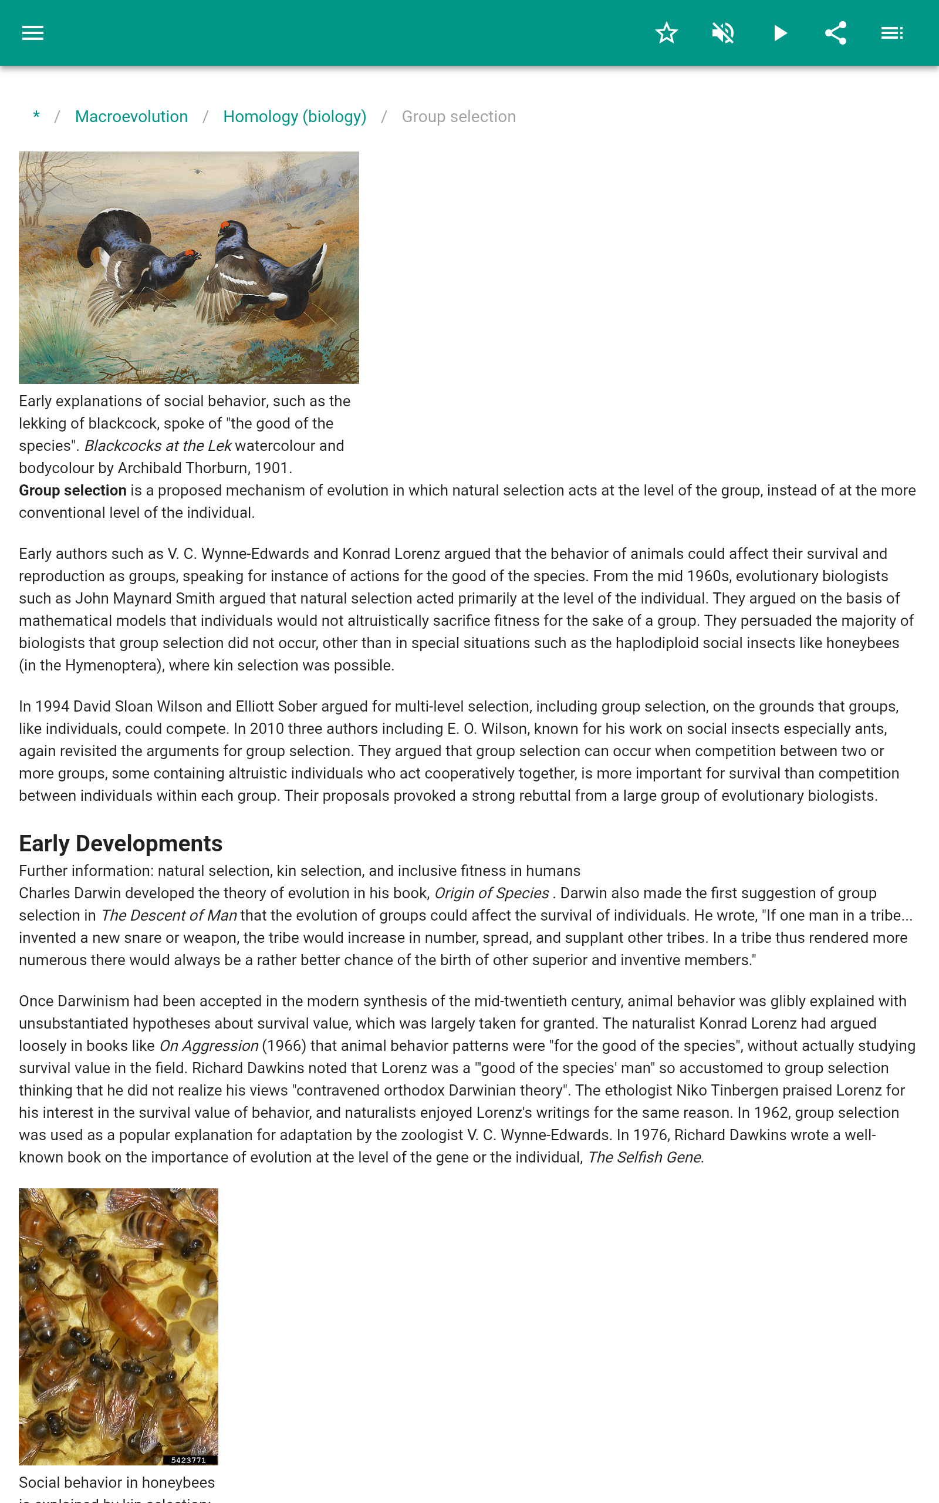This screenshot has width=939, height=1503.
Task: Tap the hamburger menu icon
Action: [32, 33]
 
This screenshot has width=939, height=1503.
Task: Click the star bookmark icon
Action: [666, 33]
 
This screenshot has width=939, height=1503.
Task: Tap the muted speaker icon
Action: [723, 33]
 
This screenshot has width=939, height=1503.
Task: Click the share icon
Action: [835, 33]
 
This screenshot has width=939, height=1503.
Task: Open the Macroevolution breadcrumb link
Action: [131, 117]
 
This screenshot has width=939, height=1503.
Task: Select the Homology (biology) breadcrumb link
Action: [295, 117]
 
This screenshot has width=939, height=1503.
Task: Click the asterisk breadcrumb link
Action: [36, 116]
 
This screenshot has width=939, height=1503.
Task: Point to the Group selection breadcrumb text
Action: [458, 117]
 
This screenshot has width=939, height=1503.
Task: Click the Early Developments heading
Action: [120, 844]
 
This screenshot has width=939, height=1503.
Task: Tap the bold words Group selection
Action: [73, 491]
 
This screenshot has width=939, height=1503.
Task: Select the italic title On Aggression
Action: [209, 1046]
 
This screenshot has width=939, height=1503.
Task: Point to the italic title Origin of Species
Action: [491, 893]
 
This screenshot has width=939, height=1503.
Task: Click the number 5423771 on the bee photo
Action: [188, 1460]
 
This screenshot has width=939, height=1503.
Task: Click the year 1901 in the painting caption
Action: [272, 469]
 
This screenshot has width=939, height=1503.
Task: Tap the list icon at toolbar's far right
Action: [892, 33]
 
